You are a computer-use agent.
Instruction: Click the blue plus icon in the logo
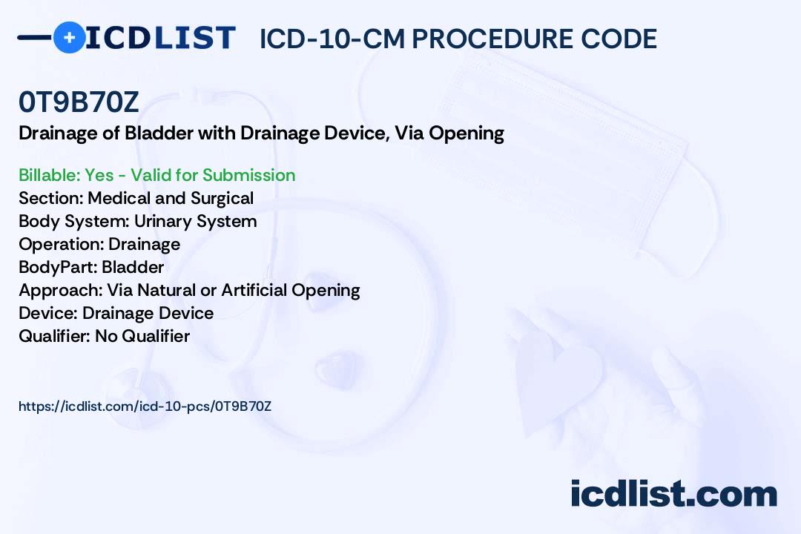pos(69,37)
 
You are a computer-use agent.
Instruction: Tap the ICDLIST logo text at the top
pos(160,38)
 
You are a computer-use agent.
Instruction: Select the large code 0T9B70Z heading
pos(79,102)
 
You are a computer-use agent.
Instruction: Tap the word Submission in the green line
pos(248,175)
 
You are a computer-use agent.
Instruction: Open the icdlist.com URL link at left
pos(145,406)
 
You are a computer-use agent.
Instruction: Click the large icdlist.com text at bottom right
pos(673,493)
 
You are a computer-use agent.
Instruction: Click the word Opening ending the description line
pos(467,133)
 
